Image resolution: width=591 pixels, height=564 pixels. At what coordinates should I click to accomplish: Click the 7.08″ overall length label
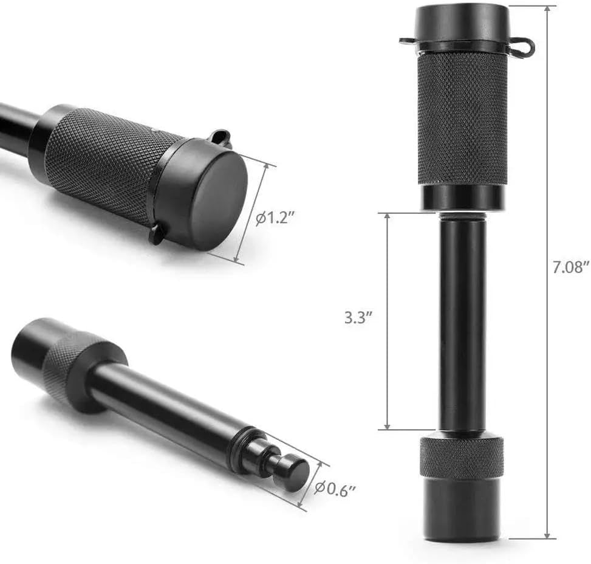pyautogui.click(x=570, y=266)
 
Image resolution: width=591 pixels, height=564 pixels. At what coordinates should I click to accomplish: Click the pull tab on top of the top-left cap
pyautogui.click(x=220, y=137)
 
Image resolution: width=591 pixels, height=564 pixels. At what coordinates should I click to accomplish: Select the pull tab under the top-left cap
pyautogui.click(x=157, y=233)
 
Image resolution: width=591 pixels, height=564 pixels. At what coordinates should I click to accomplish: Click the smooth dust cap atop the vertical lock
pyautogui.click(x=461, y=23)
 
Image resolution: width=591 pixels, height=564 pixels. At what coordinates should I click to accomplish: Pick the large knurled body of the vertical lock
pyautogui.click(x=461, y=119)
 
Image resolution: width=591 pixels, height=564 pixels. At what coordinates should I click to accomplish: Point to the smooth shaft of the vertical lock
pyautogui.click(x=461, y=322)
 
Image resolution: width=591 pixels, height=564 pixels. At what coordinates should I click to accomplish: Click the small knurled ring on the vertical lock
pyautogui.click(x=461, y=456)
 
